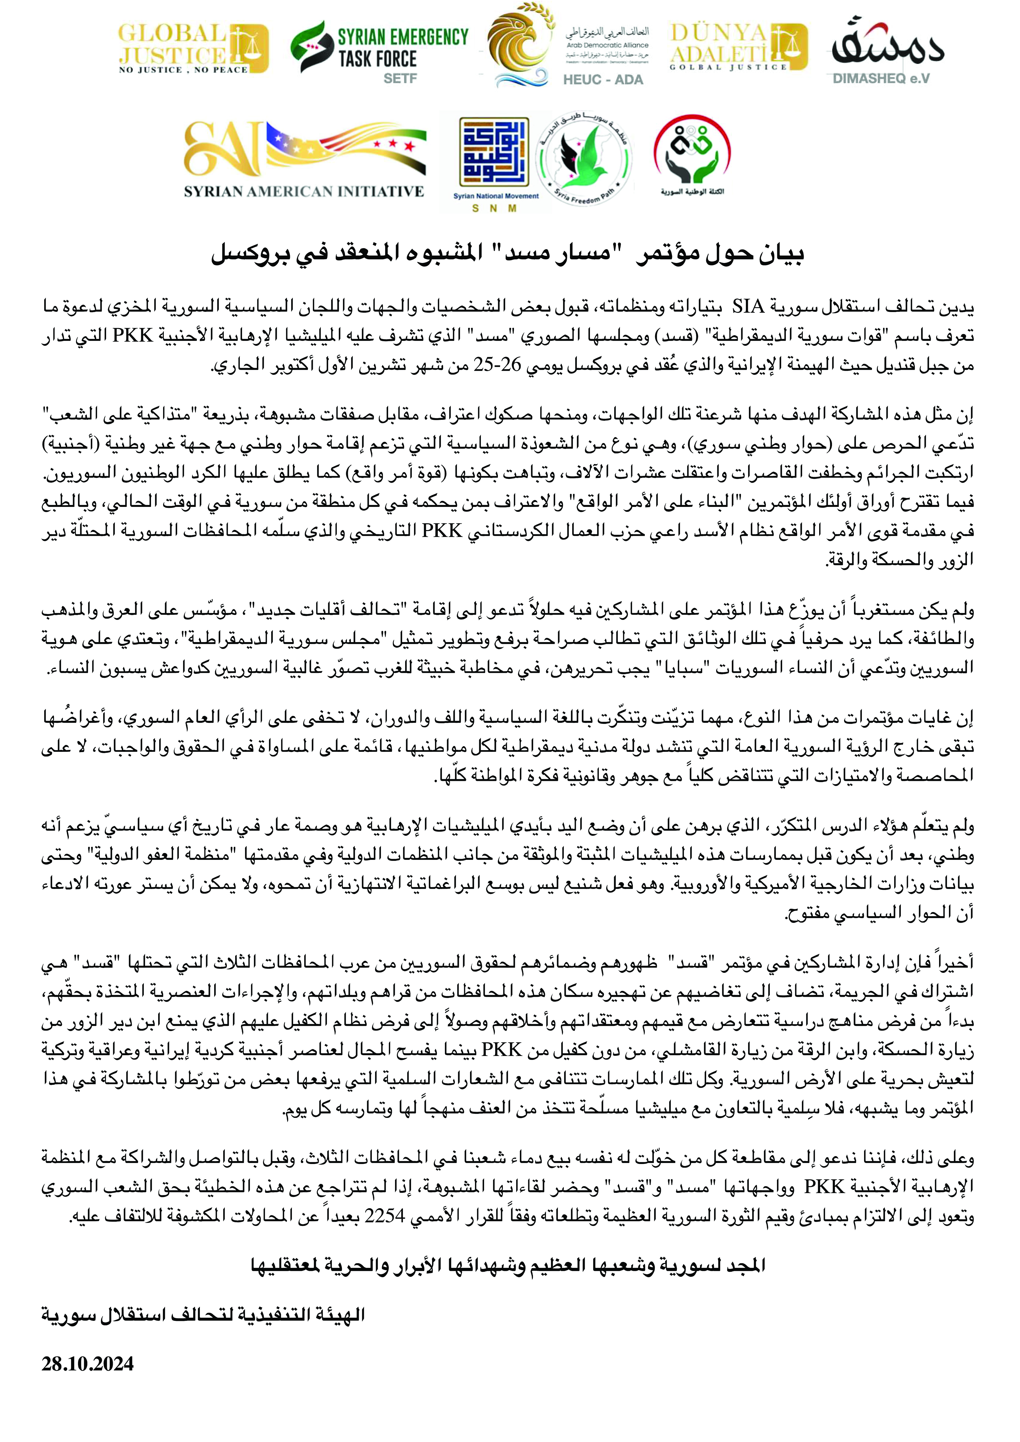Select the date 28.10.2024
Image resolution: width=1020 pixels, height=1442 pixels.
pyautogui.click(x=88, y=1364)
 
